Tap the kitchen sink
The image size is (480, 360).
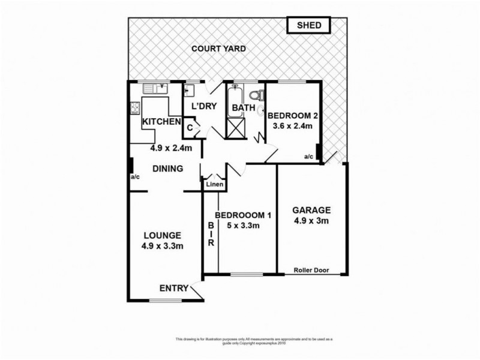pyautogui.click(x=155, y=89)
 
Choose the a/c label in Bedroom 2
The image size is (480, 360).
pyautogui.click(x=309, y=157)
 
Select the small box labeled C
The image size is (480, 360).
pyautogui.click(x=190, y=127)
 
